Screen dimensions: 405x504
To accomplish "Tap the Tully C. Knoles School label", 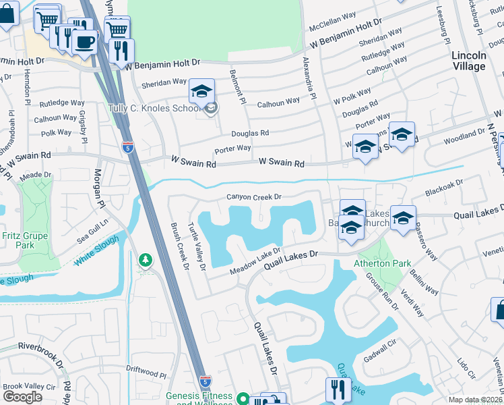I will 155,108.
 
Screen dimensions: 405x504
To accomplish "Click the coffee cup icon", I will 85,42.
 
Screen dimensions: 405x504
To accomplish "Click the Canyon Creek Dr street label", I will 253,197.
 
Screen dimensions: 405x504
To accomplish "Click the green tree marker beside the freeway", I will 144,260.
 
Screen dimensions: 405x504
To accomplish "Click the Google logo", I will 22,397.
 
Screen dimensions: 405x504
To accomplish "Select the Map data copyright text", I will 474,400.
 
